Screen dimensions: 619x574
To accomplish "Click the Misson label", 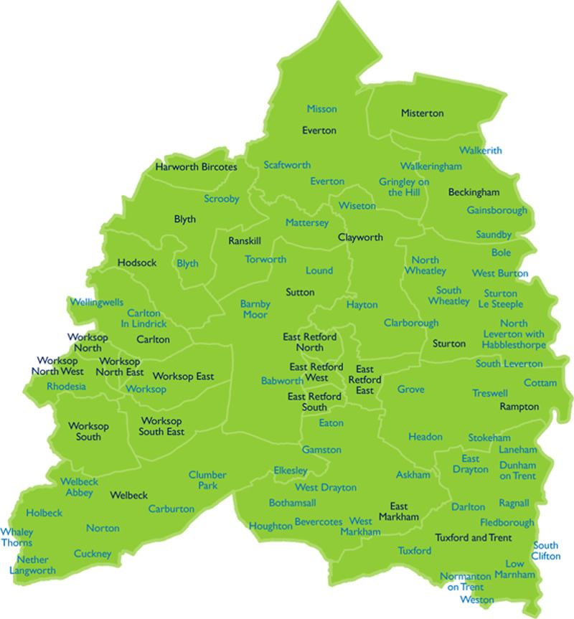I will (321, 109).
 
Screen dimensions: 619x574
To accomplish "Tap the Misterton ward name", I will (422, 113).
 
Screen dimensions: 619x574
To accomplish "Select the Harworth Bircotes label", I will (196, 167).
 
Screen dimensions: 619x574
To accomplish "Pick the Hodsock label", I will (137, 263).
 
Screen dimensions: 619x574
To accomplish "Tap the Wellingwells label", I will (96, 302).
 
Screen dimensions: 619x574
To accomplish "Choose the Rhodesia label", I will (66, 387).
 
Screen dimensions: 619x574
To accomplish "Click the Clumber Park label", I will (207, 480).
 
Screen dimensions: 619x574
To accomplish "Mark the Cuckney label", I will (93, 554).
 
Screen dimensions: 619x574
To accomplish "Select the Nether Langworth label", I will (32, 565).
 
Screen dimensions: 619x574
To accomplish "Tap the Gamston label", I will (321, 450).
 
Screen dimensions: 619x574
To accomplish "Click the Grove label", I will (410, 389).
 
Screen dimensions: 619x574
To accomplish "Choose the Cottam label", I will (540, 383).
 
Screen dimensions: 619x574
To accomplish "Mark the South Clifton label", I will (546, 551).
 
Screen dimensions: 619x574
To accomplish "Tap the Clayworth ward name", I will (360, 237).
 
